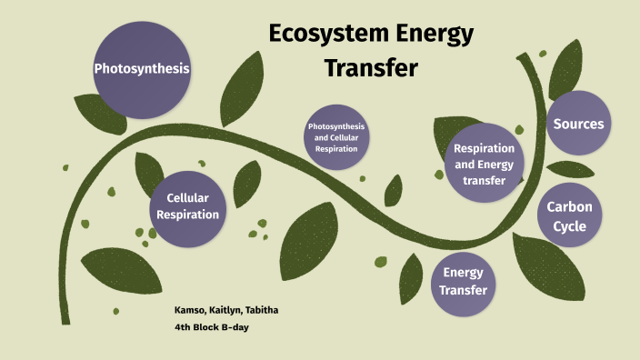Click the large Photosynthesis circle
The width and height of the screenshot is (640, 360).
pos(142,69)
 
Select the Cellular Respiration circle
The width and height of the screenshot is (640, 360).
pos(188,206)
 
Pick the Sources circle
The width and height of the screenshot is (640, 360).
pos(578,124)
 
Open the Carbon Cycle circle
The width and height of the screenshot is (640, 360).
pos(569,216)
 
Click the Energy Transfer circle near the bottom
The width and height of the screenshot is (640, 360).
pos(464,281)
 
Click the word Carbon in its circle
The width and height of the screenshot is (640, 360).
pos(569,207)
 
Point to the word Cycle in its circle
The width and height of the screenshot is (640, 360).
pos(569,226)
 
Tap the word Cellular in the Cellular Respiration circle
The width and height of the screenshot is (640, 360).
pos(188,198)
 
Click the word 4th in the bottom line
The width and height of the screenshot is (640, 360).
pos(182,327)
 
